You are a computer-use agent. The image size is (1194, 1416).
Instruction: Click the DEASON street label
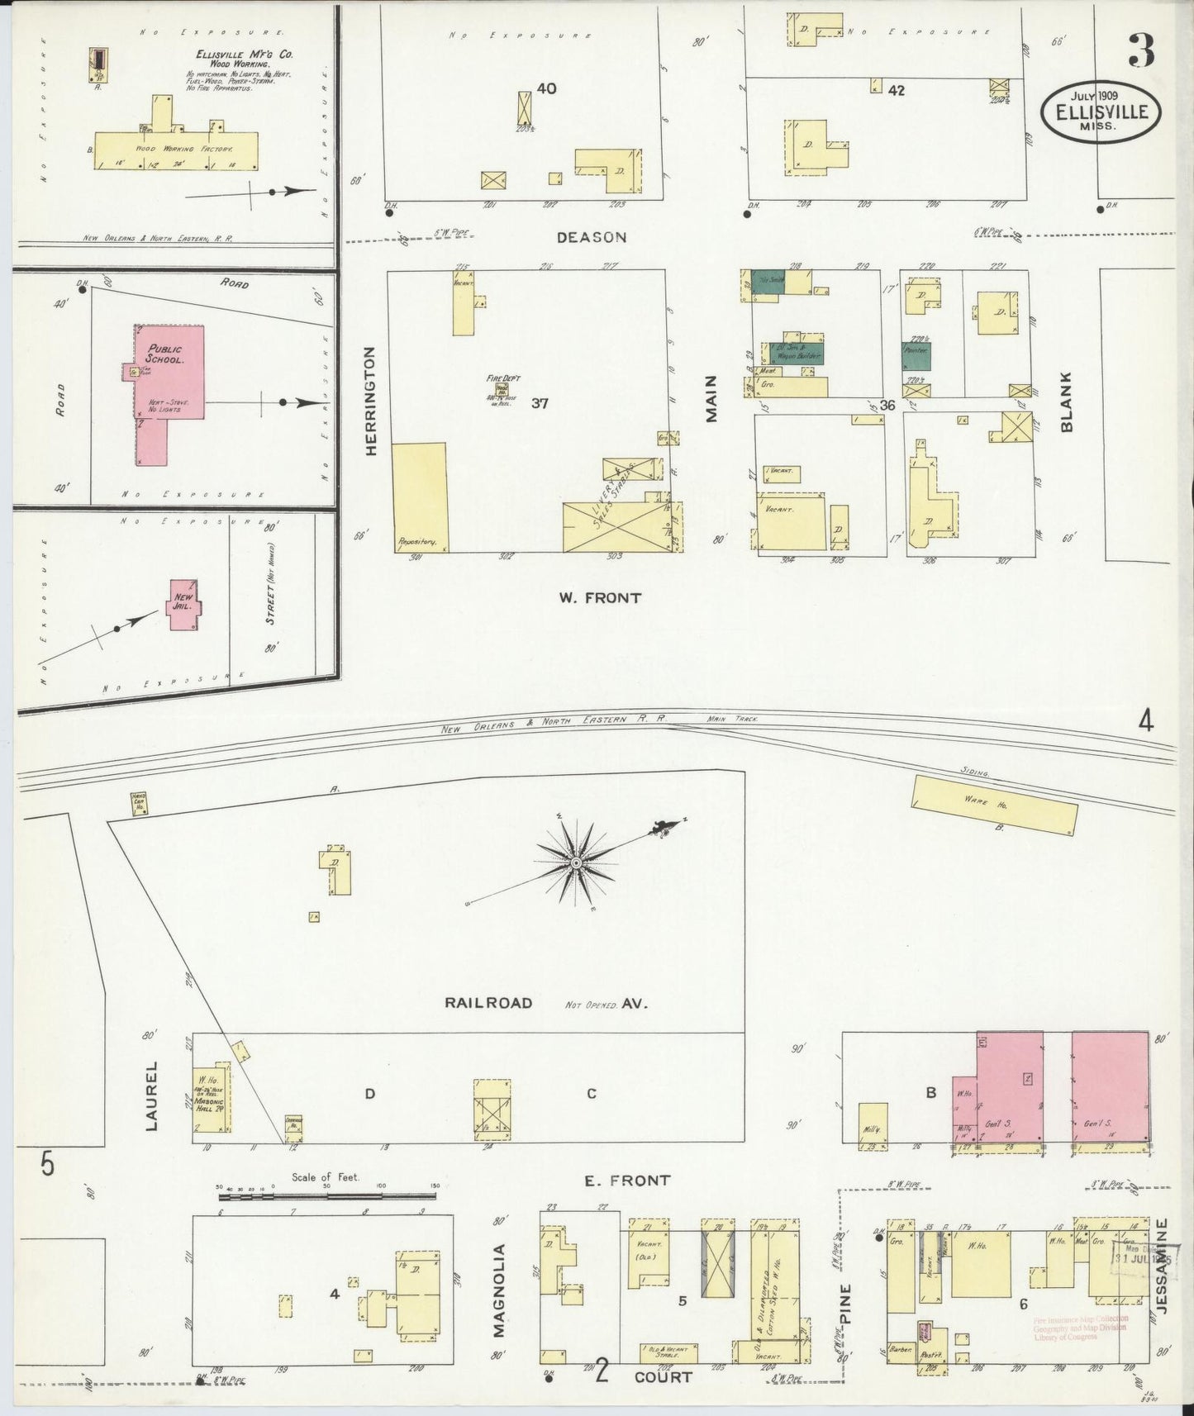click(591, 237)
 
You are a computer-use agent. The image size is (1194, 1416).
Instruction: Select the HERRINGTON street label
click(370, 401)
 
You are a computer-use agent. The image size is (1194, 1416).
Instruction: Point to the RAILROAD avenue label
click(488, 1003)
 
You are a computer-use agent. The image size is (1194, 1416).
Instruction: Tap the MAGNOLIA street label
click(498, 1302)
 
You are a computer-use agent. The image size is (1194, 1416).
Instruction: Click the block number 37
click(540, 403)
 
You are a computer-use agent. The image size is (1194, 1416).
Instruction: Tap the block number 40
click(546, 88)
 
